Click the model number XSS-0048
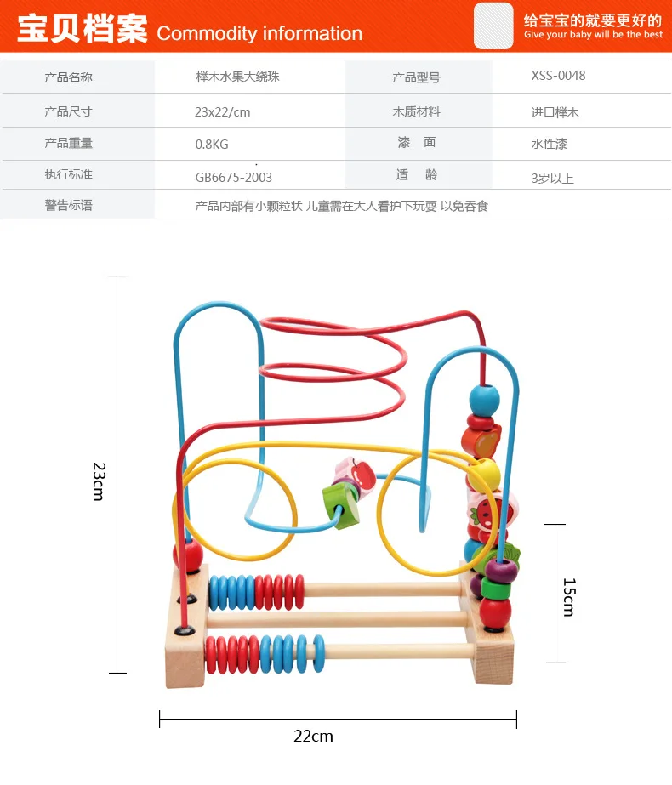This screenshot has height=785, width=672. [558, 76]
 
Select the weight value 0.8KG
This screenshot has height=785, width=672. [212, 145]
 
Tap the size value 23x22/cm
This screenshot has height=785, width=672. [222, 112]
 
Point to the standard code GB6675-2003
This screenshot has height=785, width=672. [234, 177]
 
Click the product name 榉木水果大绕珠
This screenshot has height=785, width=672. [238, 77]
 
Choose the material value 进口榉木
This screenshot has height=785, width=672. [555, 112]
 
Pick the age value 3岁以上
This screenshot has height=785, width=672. [552, 179]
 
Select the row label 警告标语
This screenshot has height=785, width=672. [69, 205]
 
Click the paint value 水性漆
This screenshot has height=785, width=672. [550, 145]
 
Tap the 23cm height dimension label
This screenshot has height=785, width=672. [100, 481]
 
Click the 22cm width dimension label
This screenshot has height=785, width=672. [314, 736]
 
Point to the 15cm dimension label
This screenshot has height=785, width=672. [569, 597]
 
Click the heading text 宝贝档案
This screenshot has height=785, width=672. [83, 28]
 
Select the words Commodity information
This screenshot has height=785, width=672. [259, 33]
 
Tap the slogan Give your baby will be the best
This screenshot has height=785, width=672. [594, 35]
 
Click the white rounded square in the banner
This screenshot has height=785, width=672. [493, 26]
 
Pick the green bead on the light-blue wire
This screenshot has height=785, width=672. [341, 508]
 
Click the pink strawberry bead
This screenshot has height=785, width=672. [491, 512]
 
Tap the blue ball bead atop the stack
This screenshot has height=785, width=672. [484, 401]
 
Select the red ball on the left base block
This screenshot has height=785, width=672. [188, 555]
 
